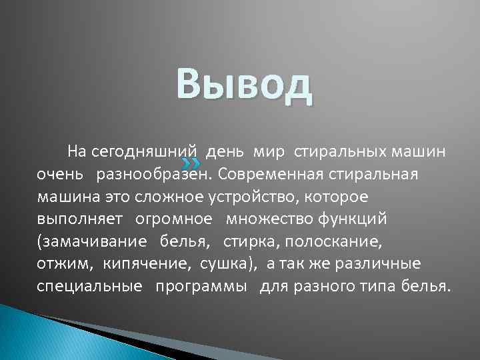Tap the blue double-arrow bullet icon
click(191, 163)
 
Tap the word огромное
click(175, 219)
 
